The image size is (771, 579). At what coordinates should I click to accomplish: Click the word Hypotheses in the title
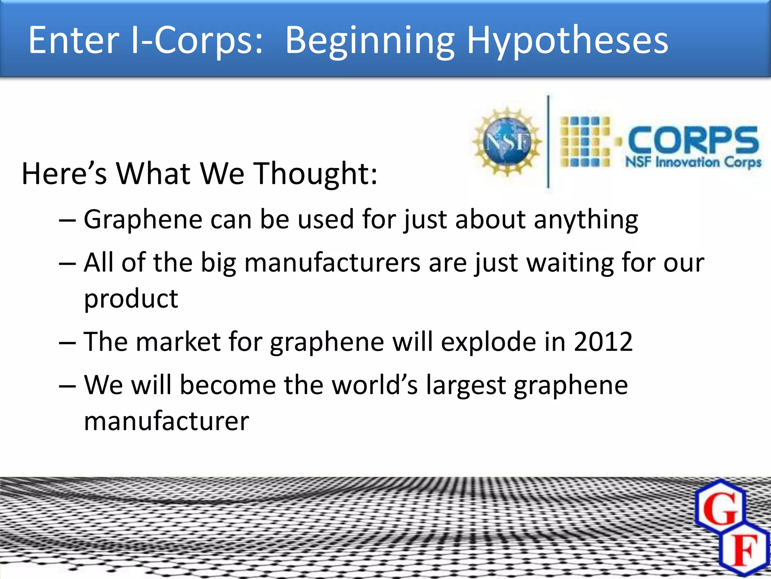click(567, 41)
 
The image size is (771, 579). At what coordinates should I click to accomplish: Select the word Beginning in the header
click(369, 41)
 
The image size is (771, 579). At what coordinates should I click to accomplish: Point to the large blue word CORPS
click(693, 140)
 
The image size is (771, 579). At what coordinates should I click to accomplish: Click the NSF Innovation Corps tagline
click(693, 162)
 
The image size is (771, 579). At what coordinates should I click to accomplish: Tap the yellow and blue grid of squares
click(585, 142)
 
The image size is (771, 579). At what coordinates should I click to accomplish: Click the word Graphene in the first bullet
click(143, 219)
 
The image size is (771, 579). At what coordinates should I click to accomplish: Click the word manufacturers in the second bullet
click(332, 262)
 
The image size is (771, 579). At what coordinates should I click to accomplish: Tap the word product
click(131, 299)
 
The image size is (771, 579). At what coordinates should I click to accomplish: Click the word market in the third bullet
click(178, 342)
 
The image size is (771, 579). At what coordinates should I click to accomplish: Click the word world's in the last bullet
click(375, 385)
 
